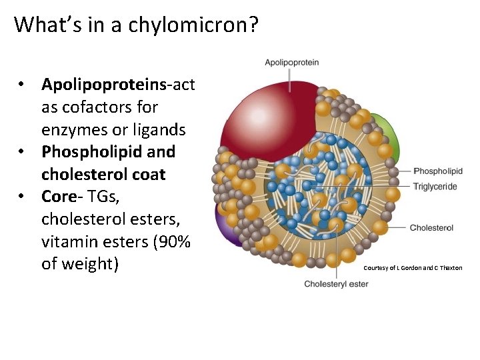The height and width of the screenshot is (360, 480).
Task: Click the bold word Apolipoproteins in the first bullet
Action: pyautogui.click(x=103, y=85)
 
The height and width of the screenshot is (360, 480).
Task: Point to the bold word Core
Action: pyautogui.click(x=59, y=197)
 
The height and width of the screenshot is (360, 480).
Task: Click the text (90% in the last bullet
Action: pyautogui.click(x=170, y=241)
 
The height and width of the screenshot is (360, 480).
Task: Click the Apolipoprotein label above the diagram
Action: pyautogui.click(x=292, y=63)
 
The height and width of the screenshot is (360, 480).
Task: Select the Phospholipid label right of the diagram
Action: pyautogui.click(x=438, y=171)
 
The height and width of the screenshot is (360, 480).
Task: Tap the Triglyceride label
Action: pyautogui.click(x=435, y=187)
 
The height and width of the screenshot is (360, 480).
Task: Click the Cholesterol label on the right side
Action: pyautogui.click(x=431, y=228)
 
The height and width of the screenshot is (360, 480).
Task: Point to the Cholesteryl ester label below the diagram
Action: pyautogui.click(x=336, y=284)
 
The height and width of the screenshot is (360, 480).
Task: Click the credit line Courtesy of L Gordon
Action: pyautogui.click(x=413, y=267)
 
